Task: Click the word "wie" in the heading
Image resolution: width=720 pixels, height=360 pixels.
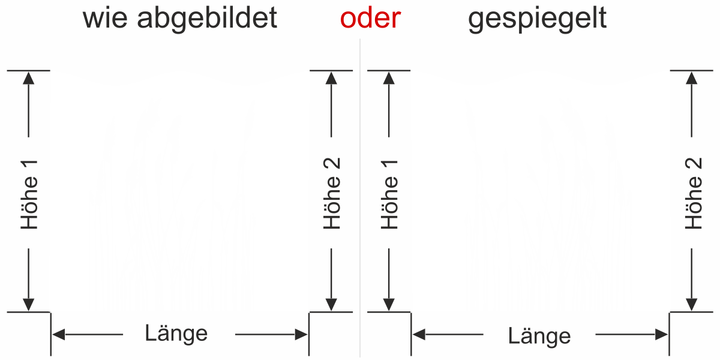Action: pos(105,18)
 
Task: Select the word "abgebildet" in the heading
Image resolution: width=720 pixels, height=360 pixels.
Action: pos(207,19)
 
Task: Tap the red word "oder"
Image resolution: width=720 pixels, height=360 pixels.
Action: pos(370,18)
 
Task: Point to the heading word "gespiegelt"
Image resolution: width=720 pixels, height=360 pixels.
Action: pos(538,19)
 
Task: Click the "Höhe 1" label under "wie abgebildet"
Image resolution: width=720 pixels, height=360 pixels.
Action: pos(29,195)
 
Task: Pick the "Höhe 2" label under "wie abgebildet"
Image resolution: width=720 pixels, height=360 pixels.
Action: pos(332,193)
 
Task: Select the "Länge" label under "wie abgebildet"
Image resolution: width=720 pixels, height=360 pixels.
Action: pos(176,334)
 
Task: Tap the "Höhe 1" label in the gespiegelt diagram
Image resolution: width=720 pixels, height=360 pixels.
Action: pos(389,195)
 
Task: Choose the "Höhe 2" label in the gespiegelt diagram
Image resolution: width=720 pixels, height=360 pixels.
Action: pos(694,193)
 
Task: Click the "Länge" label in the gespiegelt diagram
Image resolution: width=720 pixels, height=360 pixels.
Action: pos(539,336)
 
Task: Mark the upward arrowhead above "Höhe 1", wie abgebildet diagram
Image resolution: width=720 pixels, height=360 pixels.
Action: pos(29,78)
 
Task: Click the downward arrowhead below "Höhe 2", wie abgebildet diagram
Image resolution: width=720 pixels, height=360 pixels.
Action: pos(331,305)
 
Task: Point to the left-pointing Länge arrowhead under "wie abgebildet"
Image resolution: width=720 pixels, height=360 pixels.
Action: pos(59,335)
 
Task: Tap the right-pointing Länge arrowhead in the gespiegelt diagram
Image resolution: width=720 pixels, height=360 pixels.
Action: pos(661,335)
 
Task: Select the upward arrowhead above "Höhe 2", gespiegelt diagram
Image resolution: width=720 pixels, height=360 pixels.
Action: pos(692,78)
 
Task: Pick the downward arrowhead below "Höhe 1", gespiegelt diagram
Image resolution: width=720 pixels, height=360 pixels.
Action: pos(389,305)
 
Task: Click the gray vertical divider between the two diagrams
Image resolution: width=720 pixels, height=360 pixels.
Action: pos(360,197)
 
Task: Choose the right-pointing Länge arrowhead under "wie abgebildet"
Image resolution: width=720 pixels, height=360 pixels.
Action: pos(301,335)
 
